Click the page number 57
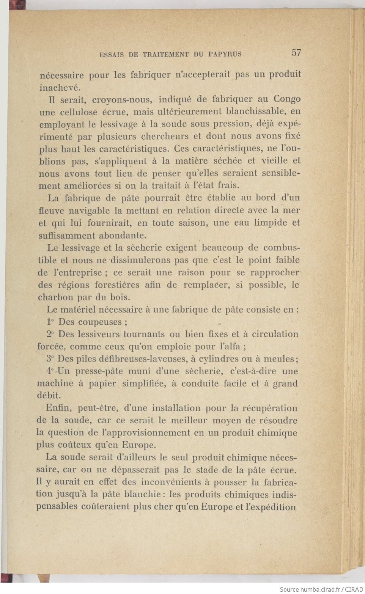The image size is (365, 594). tap(296, 53)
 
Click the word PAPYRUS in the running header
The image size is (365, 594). tap(225, 54)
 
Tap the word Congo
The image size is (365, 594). tap(287, 99)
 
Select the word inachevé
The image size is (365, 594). tap(59, 87)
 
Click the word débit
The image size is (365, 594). tap(48, 396)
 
